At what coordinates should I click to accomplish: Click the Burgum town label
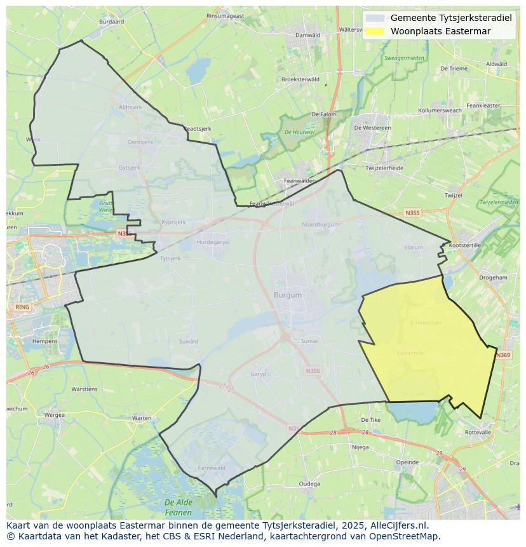tap(288, 295)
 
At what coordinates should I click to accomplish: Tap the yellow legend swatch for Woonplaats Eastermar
tap(375, 31)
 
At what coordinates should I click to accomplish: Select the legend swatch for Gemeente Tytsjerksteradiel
tap(375, 18)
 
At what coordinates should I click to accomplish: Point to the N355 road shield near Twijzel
tap(413, 213)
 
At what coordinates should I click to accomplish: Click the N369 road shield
tap(503, 355)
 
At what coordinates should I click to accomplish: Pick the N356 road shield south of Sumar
tap(313, 371)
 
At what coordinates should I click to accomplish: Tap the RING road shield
tap(22, 307)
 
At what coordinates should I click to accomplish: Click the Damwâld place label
tap(308, 35)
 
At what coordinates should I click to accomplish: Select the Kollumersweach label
tap(453, 111)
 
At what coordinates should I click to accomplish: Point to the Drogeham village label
tap(493, 278)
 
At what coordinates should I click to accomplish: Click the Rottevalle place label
tap(478, 432)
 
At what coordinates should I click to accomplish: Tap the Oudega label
tap(309, 483)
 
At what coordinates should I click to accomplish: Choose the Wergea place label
tap(55, 415)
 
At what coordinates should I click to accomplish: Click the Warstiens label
tap(84, 389)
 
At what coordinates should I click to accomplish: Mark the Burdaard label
tap(112, 22)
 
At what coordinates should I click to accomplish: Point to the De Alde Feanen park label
tap(178, 507)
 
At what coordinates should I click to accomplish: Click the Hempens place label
tap(44, 341)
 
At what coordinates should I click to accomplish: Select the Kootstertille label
tap(465, 245)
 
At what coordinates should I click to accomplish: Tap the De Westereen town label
tap(372, 128)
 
